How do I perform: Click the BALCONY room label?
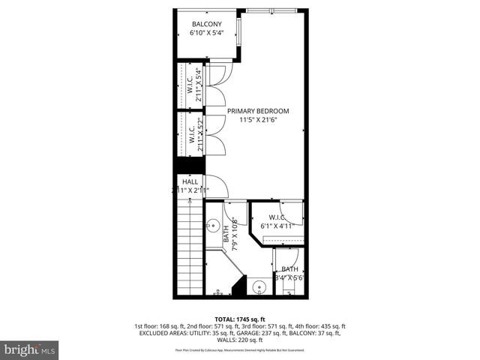[x=205, y=24]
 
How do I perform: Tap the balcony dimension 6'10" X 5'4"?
[x=205, y=34]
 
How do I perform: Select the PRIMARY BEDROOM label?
[x=258, y=110]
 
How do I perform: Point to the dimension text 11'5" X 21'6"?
[x=258, y=120]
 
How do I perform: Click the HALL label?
[x=190, y=181]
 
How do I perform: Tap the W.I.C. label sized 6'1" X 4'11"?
[x=276, y=217]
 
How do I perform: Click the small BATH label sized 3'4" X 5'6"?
[x=289, y=268]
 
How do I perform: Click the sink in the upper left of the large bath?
[x=213, y=224]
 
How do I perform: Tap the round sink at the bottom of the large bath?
[x=259, y=286]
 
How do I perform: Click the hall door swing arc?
[x=215, y=184]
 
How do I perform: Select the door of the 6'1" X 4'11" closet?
[x=296, y=213]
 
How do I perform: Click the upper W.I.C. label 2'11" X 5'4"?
[x=194, y=84]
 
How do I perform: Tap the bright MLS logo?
[x=30, y=349]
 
